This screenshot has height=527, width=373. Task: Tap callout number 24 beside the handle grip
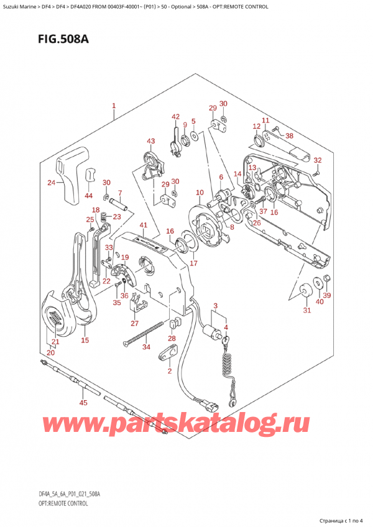(x=51, y=183)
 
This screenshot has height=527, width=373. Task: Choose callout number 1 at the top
(x=114, y=106)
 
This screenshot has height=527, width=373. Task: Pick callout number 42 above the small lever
(x=175, y=117)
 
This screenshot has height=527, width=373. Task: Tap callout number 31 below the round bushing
(x=306, y=311)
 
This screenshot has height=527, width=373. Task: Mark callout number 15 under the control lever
(x=85, y=340)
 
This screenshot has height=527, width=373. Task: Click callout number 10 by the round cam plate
(x=199, y=193)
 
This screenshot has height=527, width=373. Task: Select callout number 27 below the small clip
(x=135, y=323)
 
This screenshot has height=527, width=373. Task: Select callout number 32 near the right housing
(x=318, y=161)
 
